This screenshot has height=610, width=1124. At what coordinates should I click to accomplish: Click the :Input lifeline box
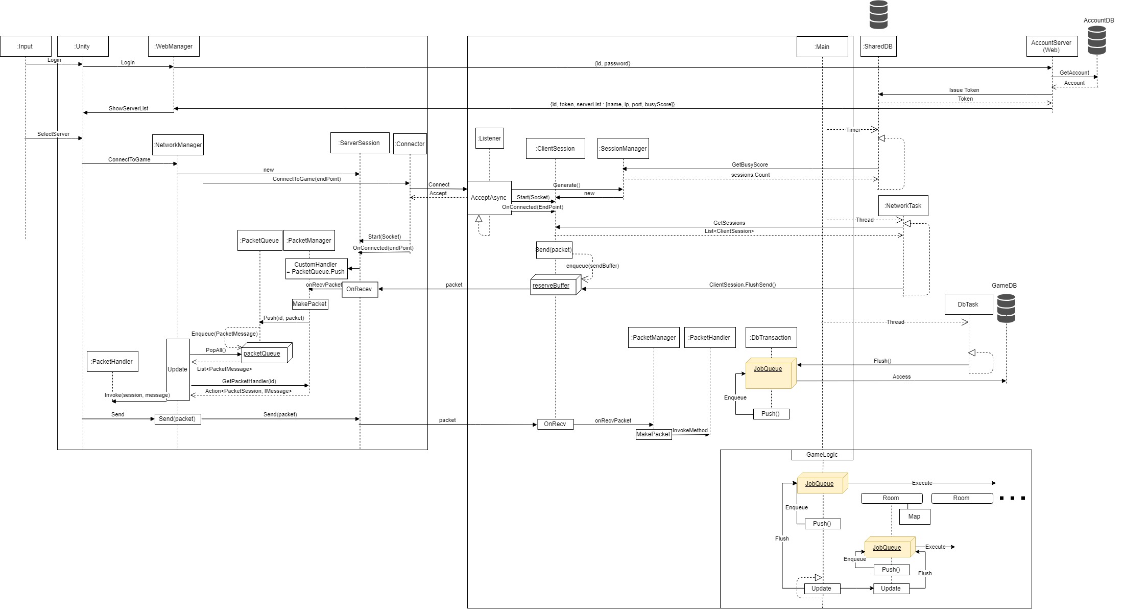pos(26,46)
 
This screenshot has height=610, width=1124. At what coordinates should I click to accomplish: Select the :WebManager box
pos(174,46)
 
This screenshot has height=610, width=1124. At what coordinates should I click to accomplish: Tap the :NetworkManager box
pos(178,145)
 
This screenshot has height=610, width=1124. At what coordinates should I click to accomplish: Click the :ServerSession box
pos(360,143)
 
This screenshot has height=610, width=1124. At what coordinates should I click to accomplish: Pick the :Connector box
pos(410,144)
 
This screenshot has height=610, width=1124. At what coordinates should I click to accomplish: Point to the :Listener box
pos(489,138)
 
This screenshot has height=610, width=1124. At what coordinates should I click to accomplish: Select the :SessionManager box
pos(623,149)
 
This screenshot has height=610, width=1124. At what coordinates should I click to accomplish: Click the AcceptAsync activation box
pos(489,198)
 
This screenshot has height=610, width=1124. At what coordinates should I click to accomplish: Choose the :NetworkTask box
pos(903,206)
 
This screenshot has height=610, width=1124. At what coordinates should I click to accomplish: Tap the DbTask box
pos(968,304)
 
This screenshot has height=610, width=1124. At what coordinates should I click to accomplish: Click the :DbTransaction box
pos(771,338)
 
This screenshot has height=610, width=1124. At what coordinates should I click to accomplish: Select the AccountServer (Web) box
pos(1051,46)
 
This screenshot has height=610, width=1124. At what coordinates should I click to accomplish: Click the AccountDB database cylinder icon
pos(1096,40)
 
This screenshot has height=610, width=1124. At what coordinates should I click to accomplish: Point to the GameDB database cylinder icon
pos(1006,308)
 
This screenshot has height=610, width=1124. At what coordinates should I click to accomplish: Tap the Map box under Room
pos(914,517)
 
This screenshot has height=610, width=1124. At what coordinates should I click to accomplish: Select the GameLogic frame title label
pos(822,455)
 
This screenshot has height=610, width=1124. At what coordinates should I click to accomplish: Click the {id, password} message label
pos(612,63)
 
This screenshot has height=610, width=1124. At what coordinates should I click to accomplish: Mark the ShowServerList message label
pos(128,108)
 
